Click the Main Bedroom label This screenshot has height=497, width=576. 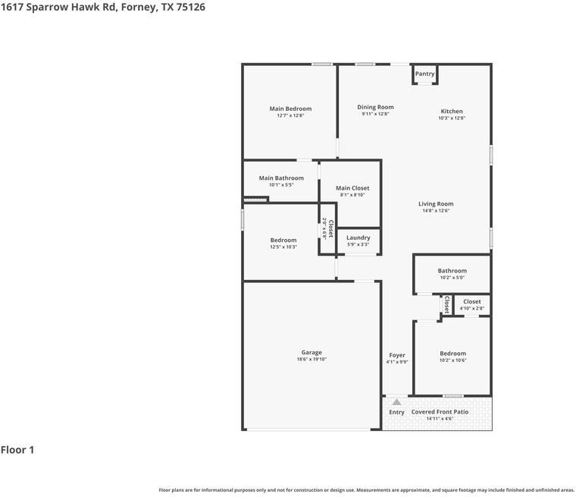tap(290, 109)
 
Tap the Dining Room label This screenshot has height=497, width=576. tap(375, 107)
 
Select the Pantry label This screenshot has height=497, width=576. tap(425, 74)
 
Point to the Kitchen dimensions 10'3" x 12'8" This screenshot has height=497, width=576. tap(452, 118)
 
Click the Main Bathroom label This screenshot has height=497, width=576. tap(281, 178)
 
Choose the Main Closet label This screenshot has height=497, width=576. tap(352, 188)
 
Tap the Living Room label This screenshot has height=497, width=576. tap(436, 203)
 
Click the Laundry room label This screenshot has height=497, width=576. tap(358, 237)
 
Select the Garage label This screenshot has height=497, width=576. tap(311, 352)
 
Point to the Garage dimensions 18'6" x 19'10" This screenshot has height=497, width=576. tap(311, 360)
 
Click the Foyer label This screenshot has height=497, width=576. tap(397, 355)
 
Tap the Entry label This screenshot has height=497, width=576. tap(397, 412)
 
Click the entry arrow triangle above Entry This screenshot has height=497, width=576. tap(396, 402)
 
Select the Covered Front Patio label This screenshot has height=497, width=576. tap(440, 412)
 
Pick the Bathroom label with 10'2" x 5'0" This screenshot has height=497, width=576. tap(452, 271)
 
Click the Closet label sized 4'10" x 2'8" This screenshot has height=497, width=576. tap(471, 302)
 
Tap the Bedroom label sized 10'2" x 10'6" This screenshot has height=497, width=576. tap(453, 354)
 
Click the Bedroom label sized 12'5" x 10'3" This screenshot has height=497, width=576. tap(283, 240)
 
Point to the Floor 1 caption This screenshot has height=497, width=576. tap(17, 450)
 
